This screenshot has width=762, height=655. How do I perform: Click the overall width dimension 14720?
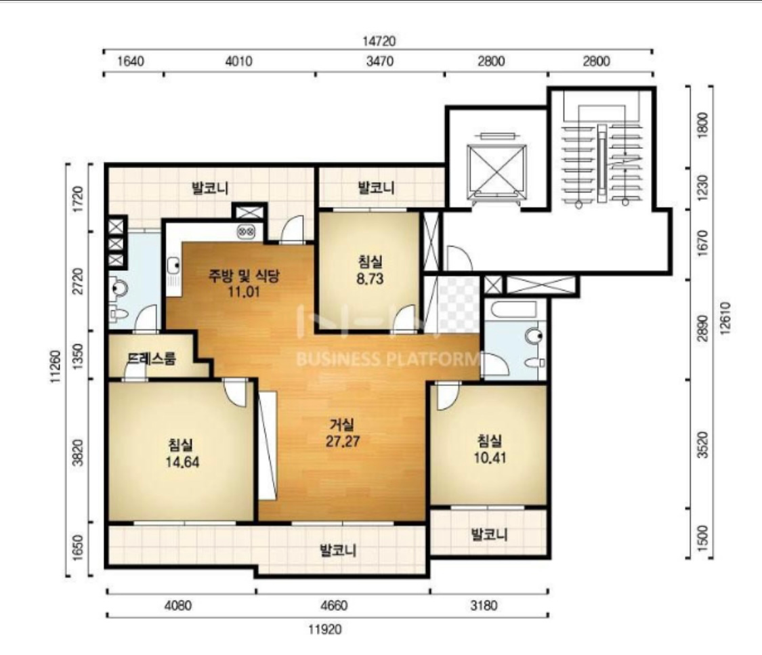pos(379,41)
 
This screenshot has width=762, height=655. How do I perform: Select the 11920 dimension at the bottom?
pos(325,630)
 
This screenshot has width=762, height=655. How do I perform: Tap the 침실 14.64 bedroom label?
pos(182,453)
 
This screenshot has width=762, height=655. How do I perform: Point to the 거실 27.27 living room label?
pos(342,433)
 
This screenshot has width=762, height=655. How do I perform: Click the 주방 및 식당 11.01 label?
pos(243,284)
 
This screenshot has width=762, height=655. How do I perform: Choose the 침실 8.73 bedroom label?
pos(371,270)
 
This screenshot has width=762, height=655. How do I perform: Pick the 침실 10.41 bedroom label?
pos(490,450)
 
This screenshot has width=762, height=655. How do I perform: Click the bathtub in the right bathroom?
pos(513,309)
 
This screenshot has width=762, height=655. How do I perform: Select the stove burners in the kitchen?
pos(247,232)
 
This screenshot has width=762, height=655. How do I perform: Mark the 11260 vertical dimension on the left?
pos(56,366)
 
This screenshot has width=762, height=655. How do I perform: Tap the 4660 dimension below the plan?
pos(335,606)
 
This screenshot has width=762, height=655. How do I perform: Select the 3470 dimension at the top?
pos(380,61)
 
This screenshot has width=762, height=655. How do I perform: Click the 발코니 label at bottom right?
pos(489,534)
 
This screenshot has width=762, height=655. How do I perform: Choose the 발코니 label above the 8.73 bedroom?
pos(376,187)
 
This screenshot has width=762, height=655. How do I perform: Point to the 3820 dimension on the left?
pos(79,452)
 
